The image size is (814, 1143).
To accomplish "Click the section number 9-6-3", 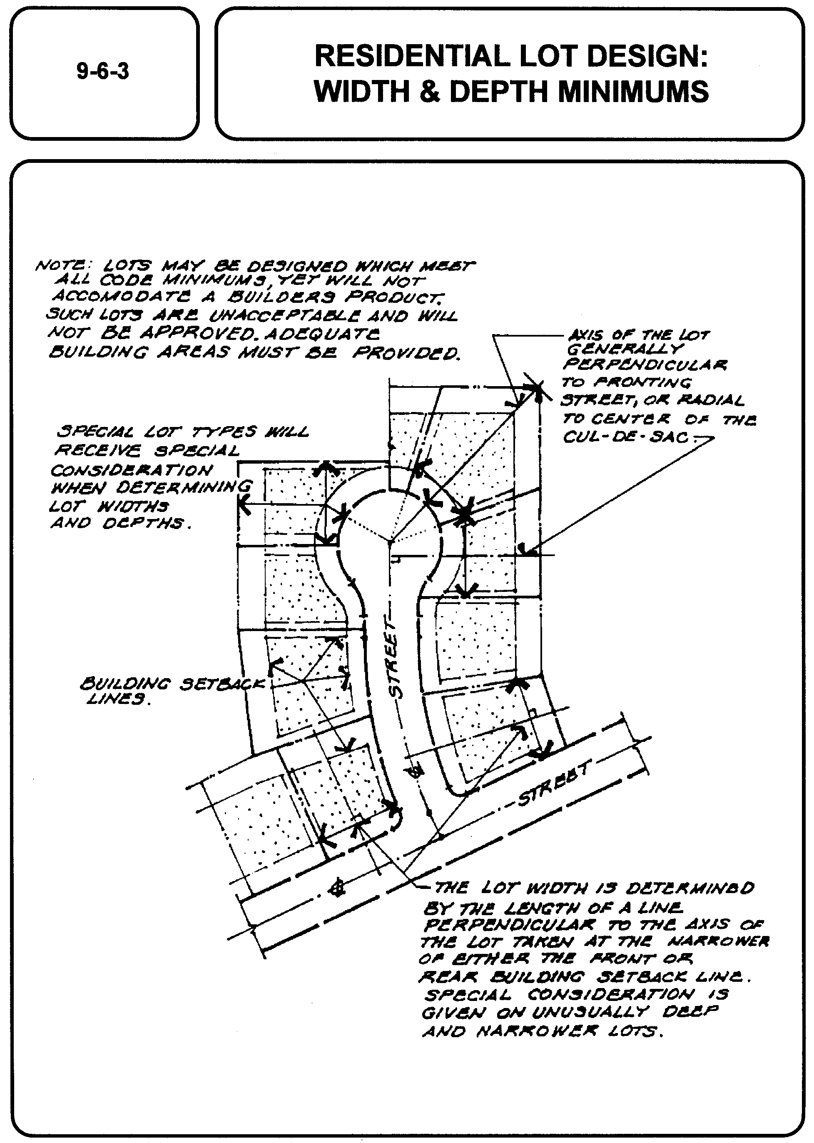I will [103, 71].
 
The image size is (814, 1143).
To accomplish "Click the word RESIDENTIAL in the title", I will [410, 56].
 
